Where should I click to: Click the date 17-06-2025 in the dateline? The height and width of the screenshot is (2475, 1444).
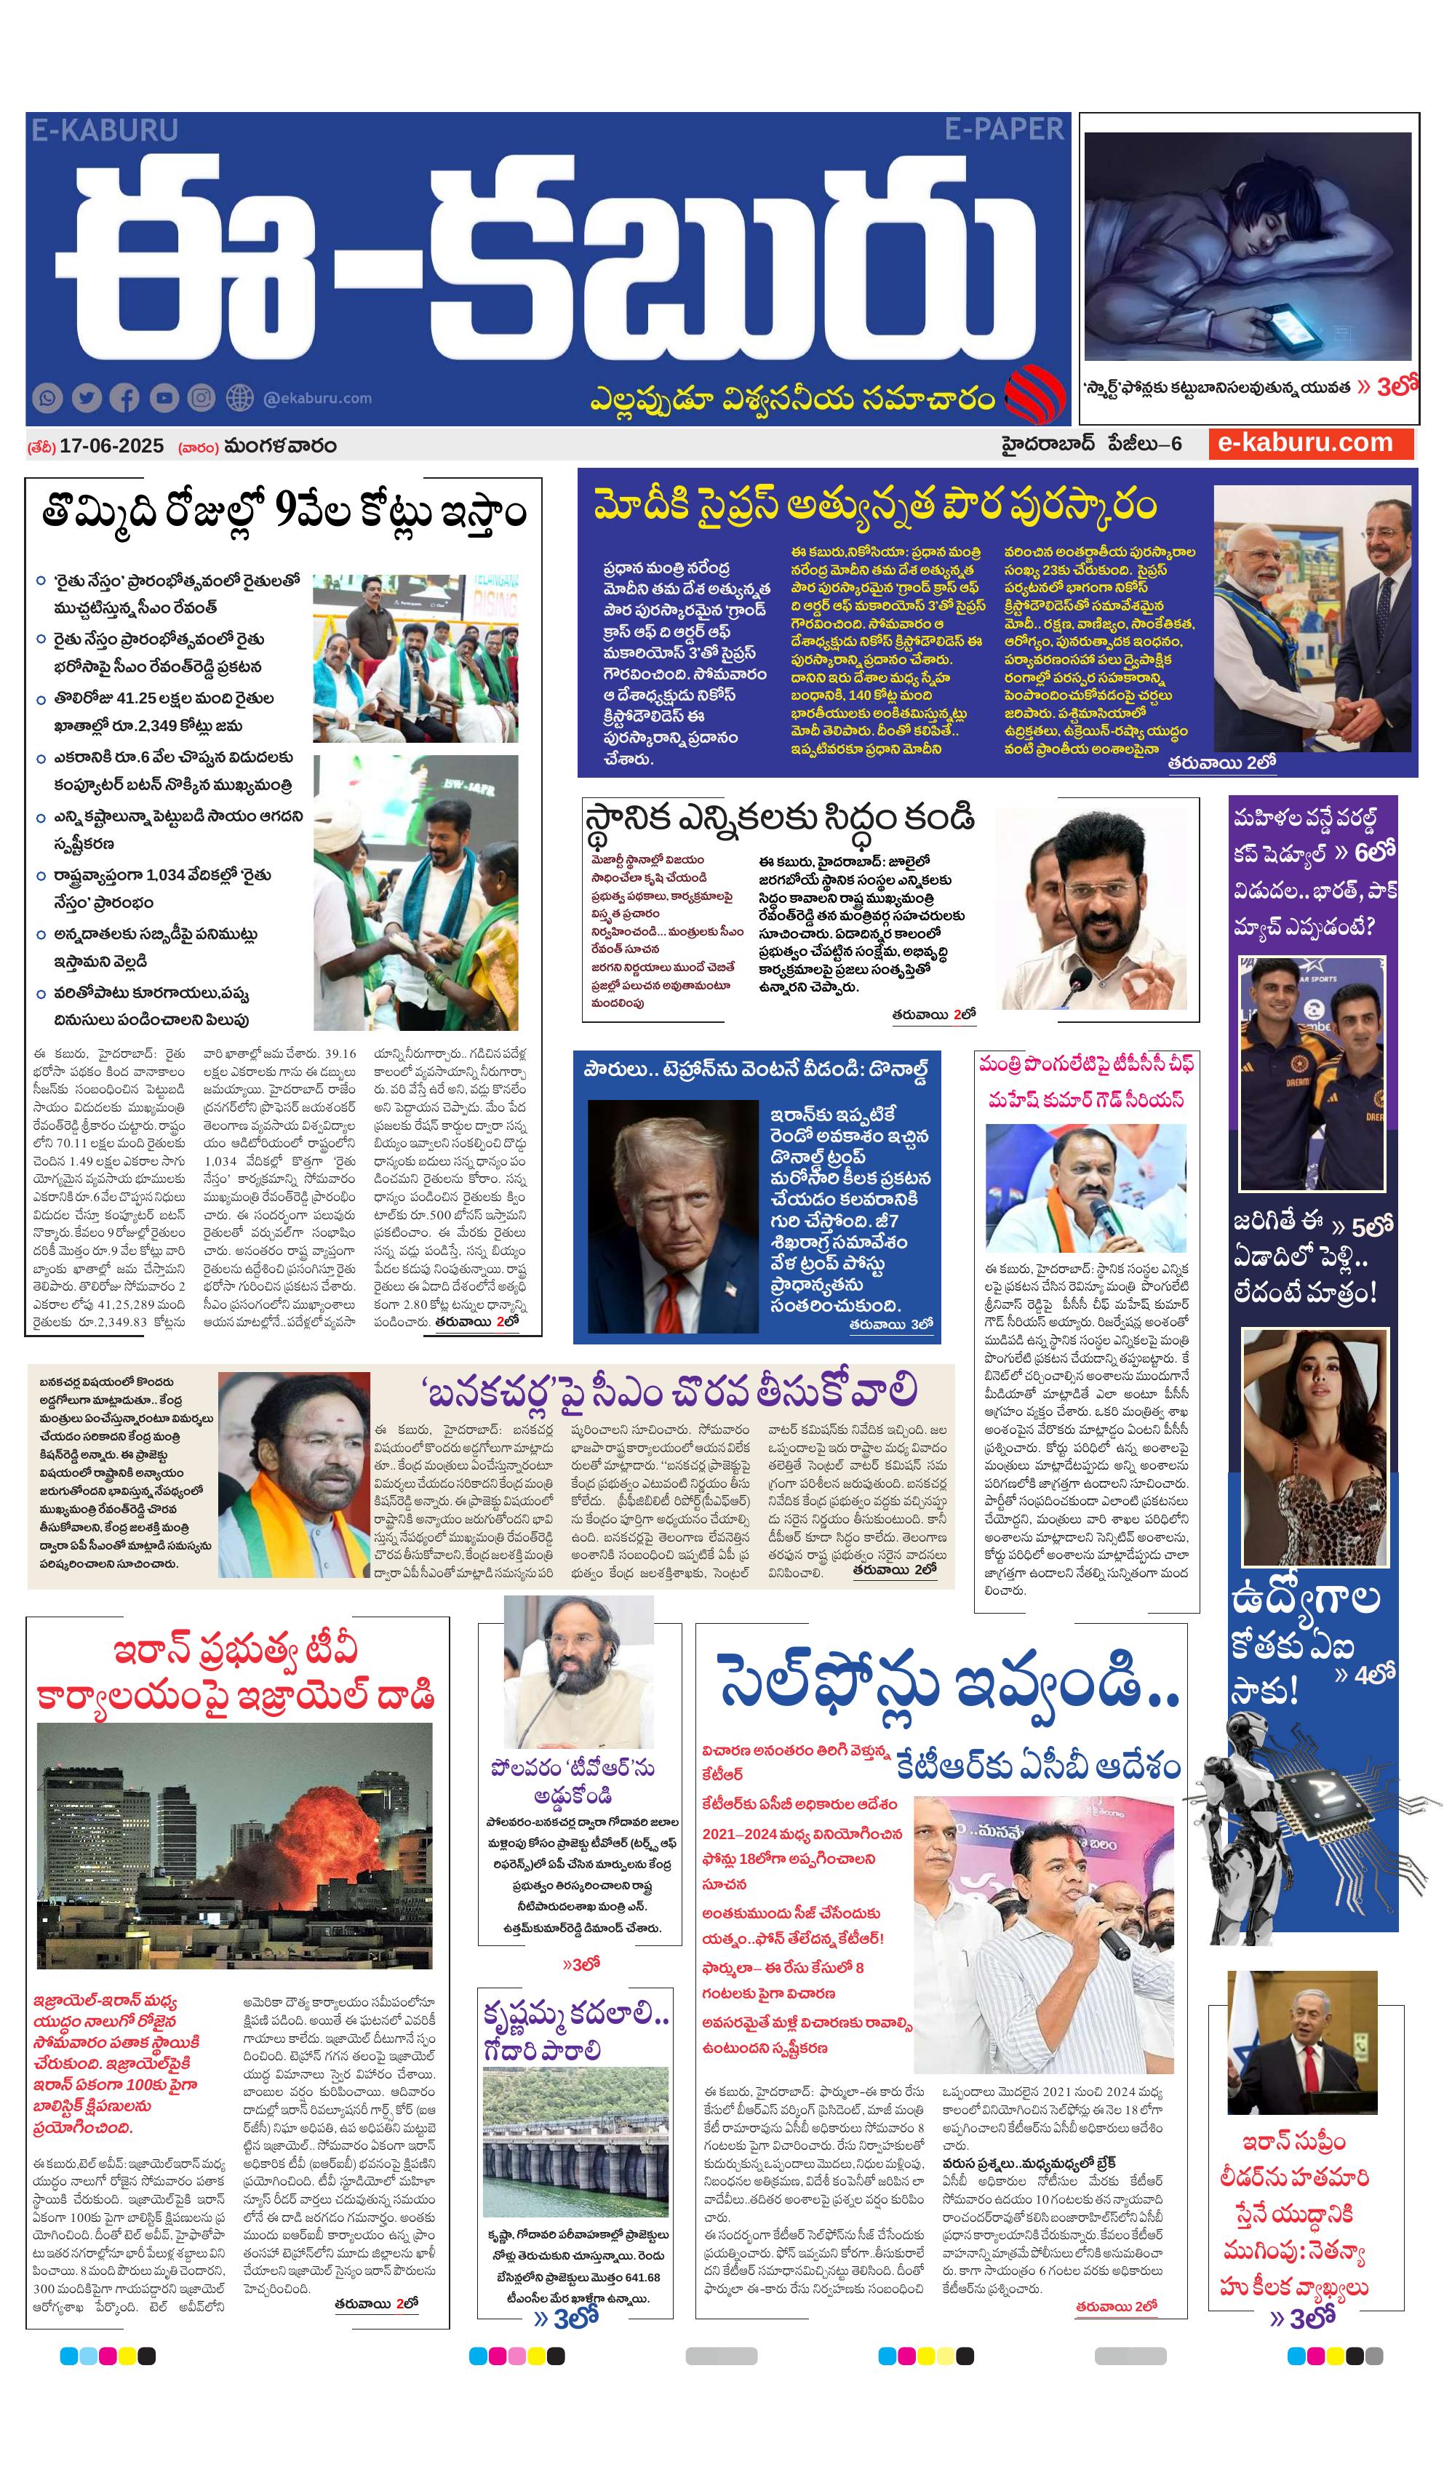(111, 446)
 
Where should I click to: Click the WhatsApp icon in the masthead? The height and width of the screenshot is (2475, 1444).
(47, 398)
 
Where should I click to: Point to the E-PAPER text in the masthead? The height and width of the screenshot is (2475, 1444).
(1003, 129)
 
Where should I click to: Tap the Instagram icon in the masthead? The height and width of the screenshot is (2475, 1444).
(202, 398)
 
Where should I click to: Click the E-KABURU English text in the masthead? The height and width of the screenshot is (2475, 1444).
(104, 129)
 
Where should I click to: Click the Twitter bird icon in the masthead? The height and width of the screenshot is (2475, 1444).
(87, 398)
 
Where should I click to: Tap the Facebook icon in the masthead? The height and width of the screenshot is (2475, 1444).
(124, 398)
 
